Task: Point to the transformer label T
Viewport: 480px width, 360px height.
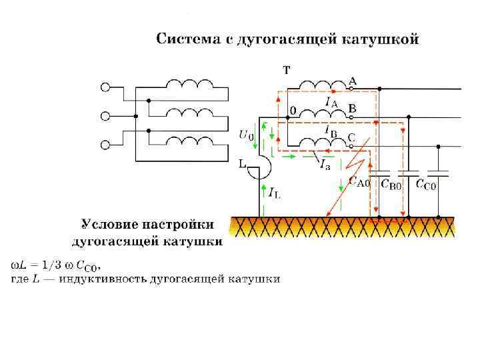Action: pos(286,69)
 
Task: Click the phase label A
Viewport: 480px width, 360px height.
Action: pos(353,81)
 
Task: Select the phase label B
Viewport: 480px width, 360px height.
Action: pos(353,107)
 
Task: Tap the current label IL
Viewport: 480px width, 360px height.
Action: pos(274,193)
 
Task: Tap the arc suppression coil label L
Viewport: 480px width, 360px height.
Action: pos(244,163)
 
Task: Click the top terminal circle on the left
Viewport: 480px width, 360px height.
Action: pos(105,87)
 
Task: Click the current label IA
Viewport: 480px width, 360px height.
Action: pos(331,101)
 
